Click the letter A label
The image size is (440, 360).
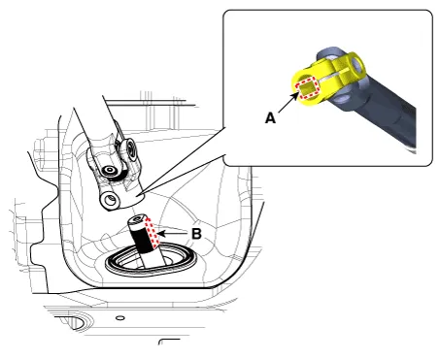(x=270, y=118)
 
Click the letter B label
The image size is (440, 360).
(x=196, y=234)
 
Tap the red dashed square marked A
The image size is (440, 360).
(x=307, y=88)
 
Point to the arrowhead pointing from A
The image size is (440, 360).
(x=294, y=96)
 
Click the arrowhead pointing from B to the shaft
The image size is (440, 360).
(x=162, y=233)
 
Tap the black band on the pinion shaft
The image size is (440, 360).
(x=142, y=239)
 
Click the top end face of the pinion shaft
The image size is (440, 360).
(x=137, y=219)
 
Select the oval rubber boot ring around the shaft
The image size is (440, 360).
(x=151, y=261)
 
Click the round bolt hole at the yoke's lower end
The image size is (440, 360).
(x=109, y=201)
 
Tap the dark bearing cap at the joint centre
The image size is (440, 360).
(x=109, y=171)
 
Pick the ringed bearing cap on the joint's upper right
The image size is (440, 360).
(x=129, y=150)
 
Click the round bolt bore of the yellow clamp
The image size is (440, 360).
(x=357, y=65)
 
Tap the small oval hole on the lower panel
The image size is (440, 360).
(x=119, y=318)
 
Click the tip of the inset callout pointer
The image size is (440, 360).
(x=137, y=195)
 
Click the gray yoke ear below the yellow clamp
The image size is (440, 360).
(x=343, y=96)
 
